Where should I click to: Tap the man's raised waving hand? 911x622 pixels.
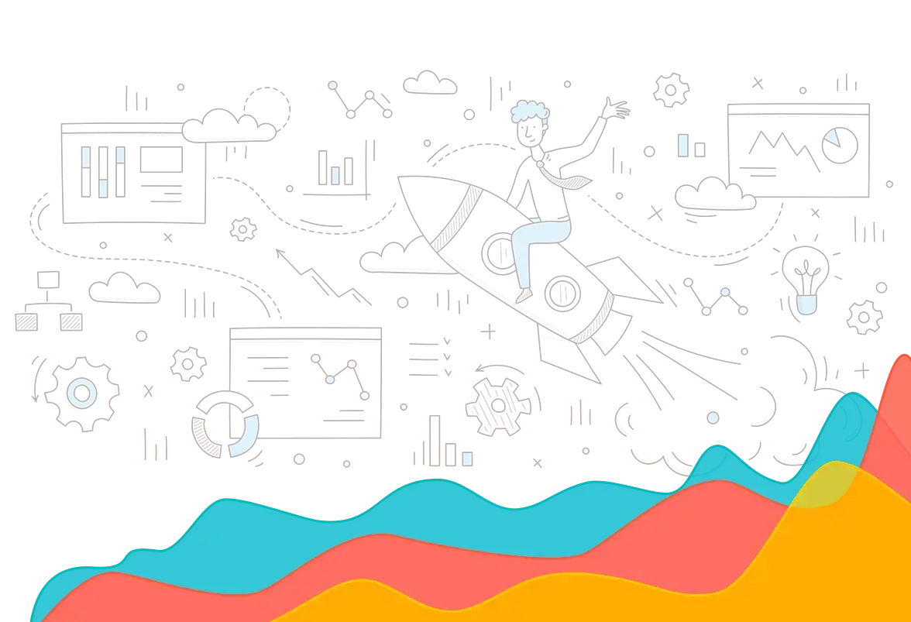coord(617,108)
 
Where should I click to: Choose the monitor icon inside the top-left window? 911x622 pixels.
coord(160,160)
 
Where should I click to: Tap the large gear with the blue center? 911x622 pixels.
coord(81,392)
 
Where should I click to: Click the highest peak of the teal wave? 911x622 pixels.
coord(854,397)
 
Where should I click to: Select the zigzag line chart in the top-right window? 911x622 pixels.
coord(782,148)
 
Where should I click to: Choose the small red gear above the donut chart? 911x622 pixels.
coord(186,362)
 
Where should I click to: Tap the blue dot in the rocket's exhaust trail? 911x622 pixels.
coord(713,418)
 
